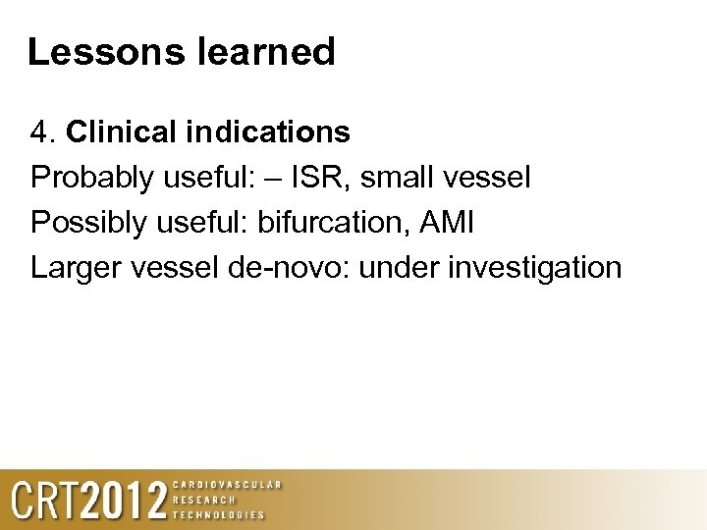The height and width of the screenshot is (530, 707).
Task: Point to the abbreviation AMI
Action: [x=445, y=223]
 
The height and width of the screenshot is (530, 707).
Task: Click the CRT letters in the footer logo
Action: [x=44, y=501]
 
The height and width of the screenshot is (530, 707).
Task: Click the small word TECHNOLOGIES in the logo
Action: [x=219, y=514]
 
